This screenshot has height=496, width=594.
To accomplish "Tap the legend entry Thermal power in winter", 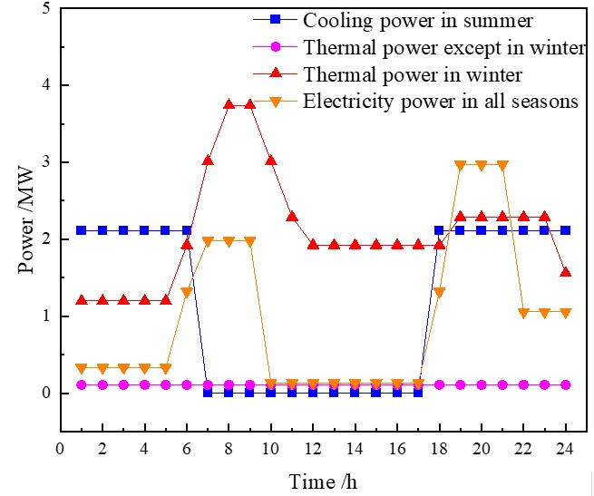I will (425, 74).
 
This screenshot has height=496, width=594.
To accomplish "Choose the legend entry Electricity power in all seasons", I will (441, 102).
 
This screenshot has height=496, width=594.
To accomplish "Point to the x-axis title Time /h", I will (323, 481).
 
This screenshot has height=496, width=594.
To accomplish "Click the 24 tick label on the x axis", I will (566, 447).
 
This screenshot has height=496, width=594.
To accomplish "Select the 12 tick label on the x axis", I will (313, 447).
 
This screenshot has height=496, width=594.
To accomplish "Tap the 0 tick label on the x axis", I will (60, 447).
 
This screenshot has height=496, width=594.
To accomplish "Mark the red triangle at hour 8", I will (229, 104).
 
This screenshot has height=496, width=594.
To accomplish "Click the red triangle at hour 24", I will (566, 272).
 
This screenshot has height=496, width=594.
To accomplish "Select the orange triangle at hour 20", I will (482, 166).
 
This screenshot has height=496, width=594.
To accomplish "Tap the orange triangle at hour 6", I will (187, 293).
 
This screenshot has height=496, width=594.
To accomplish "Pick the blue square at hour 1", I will (81, 230).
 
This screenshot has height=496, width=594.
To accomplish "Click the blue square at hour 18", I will (439, 230).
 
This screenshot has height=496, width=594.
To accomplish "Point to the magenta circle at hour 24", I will (566, 384).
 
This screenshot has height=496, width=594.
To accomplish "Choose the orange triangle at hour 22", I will (523, 314).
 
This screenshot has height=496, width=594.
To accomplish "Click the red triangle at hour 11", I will (292, 217).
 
